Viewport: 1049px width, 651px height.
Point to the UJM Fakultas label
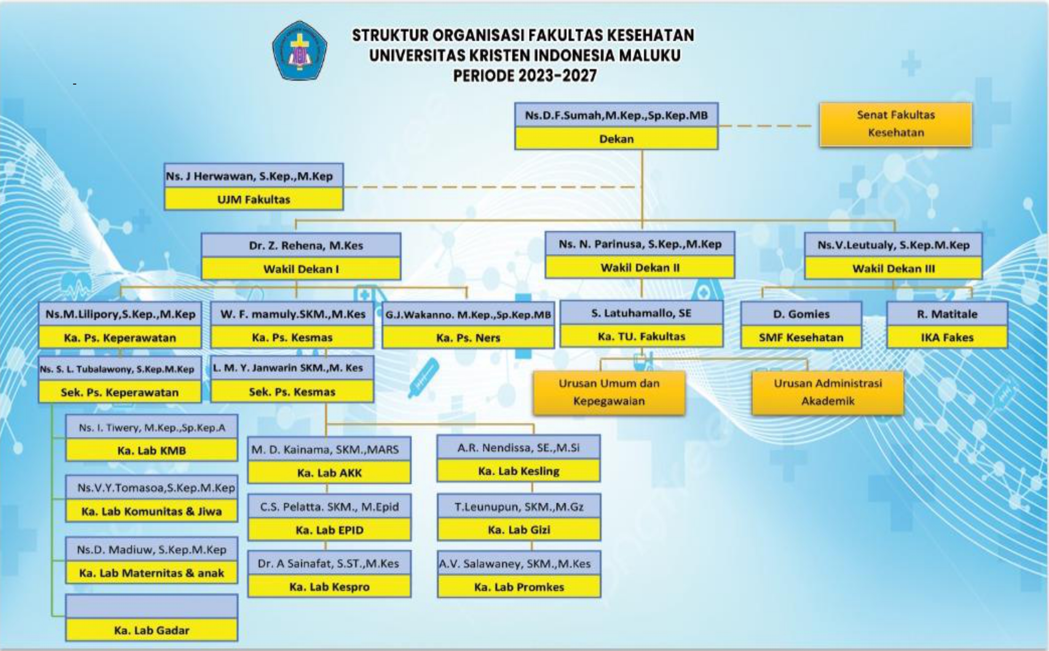(253, 199)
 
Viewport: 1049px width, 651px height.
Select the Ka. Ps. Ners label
(468, 337)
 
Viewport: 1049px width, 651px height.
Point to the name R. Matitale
(947, 314)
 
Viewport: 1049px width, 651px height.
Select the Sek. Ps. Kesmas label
(292, 391)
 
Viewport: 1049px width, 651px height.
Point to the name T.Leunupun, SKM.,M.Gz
(519, 507)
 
